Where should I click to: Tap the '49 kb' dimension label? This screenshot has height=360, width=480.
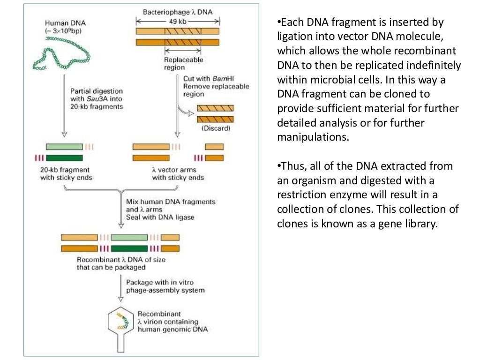(x=178, y=21)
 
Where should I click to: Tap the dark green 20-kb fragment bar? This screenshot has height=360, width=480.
(x=64, y=158)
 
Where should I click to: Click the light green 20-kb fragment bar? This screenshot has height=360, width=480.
(x=64, y=147)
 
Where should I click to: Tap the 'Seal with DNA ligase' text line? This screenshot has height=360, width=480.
(x=160, y=217)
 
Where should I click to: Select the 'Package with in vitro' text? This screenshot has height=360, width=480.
(x=160, y=282)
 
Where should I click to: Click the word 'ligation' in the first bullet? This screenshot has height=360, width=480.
(x=295, y=37)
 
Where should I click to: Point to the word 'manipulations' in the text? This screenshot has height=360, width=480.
(x=312, y=138)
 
